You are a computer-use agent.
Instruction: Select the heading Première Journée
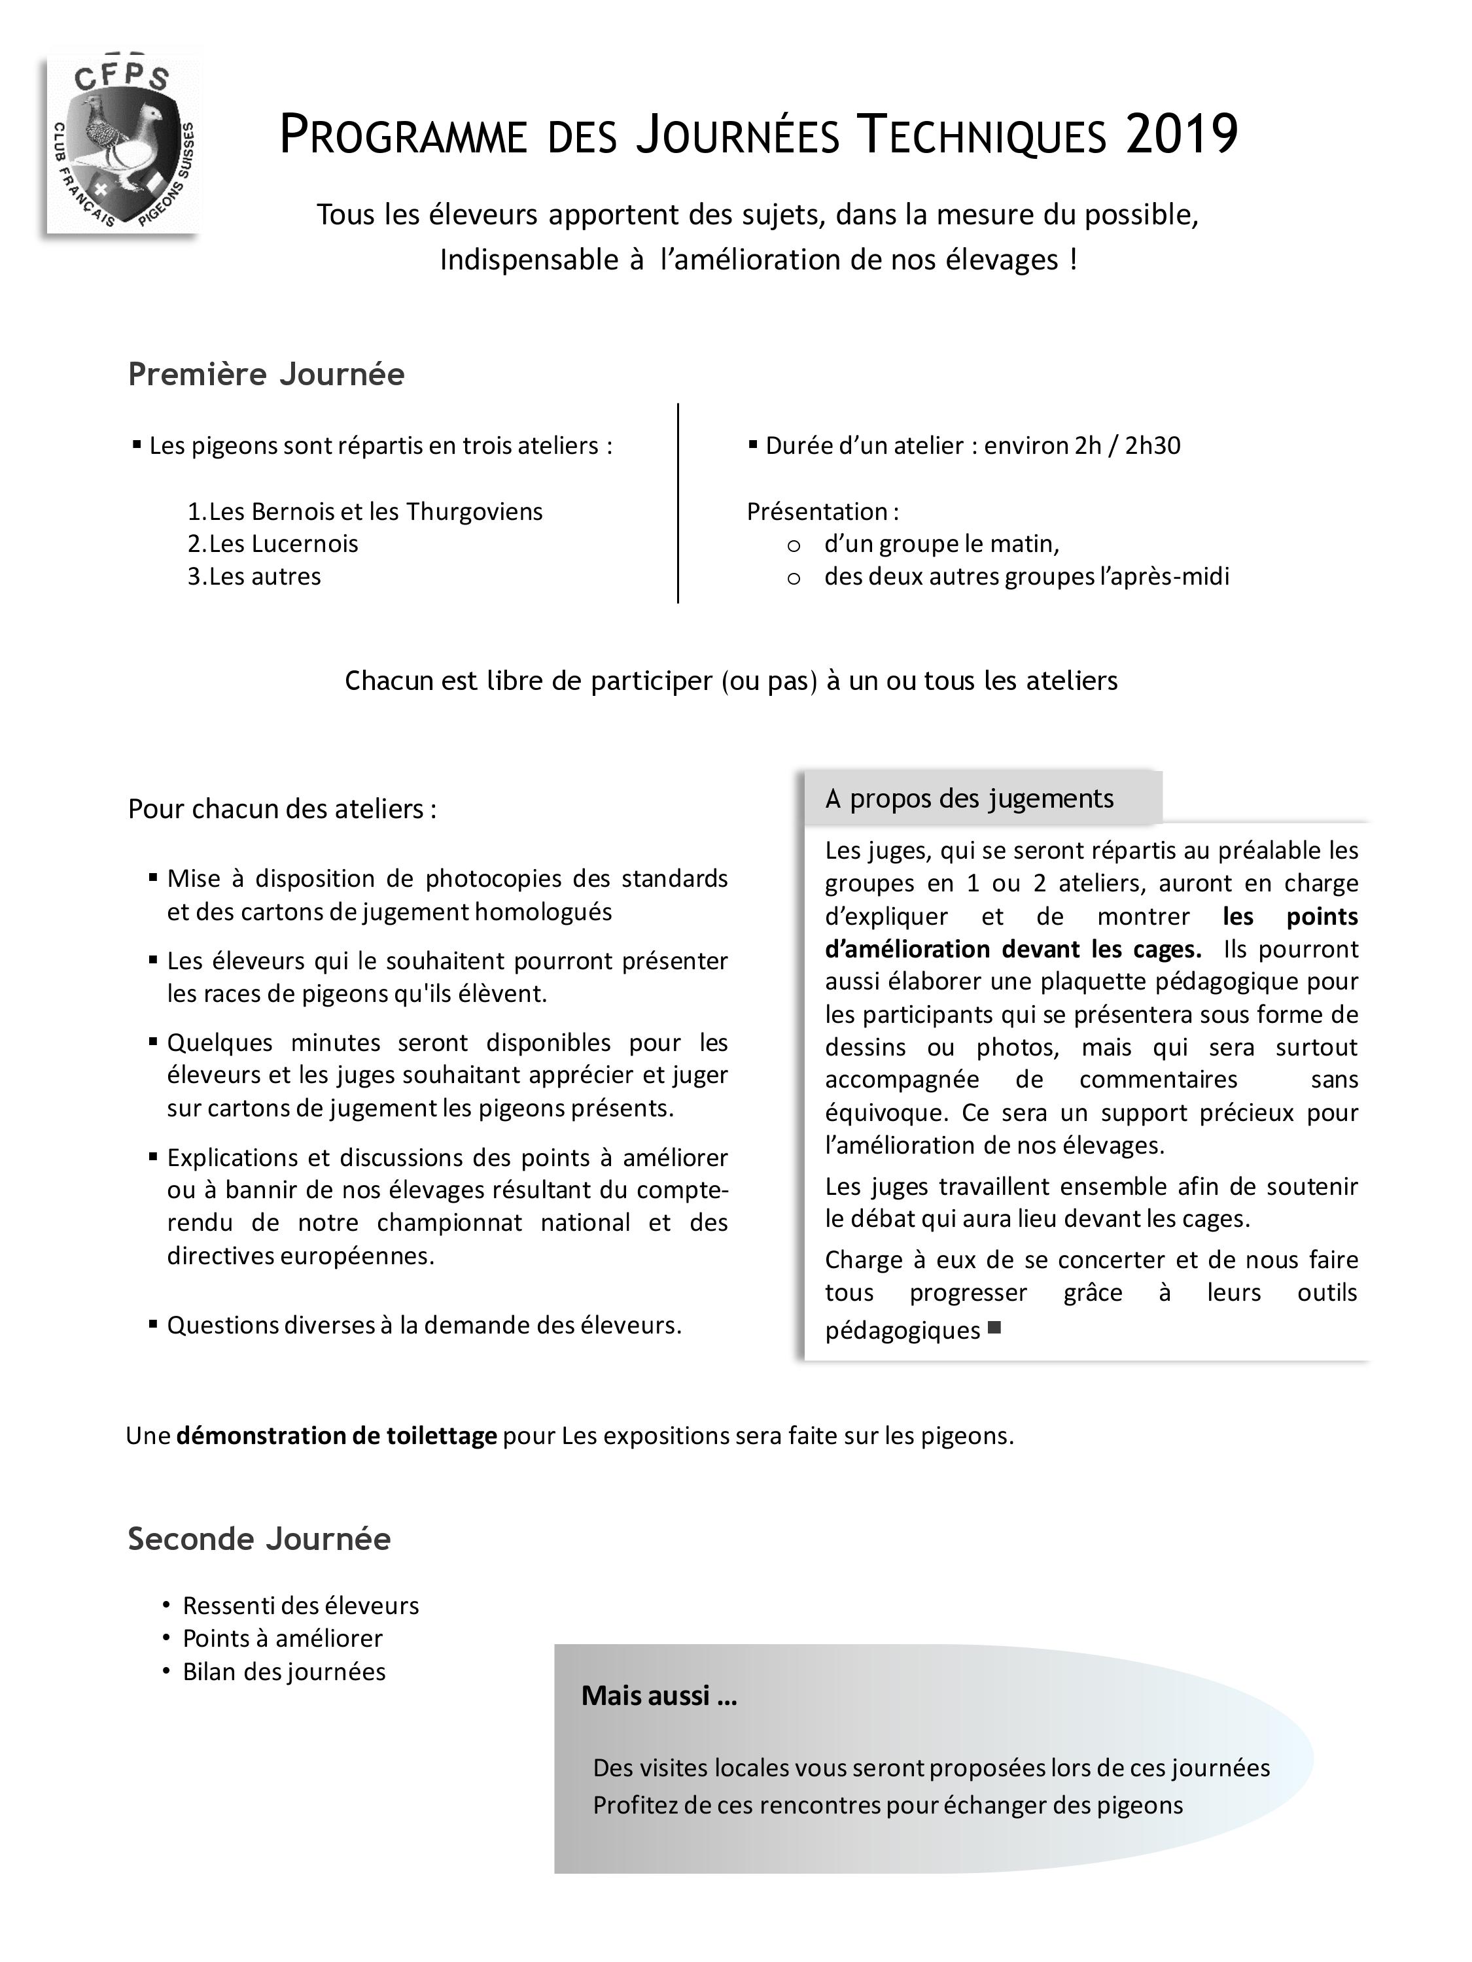(x=266, y=374)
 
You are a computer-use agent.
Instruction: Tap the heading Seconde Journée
(x=259, y=1538)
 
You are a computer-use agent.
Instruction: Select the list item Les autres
(x=254, y=577)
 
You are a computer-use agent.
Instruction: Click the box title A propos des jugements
(x=969, y=799)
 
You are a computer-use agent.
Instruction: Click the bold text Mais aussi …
(x=658, y=1696)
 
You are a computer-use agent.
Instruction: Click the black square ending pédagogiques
(x=994, y=1328)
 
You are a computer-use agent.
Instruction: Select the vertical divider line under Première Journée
(x=678, y=503)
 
